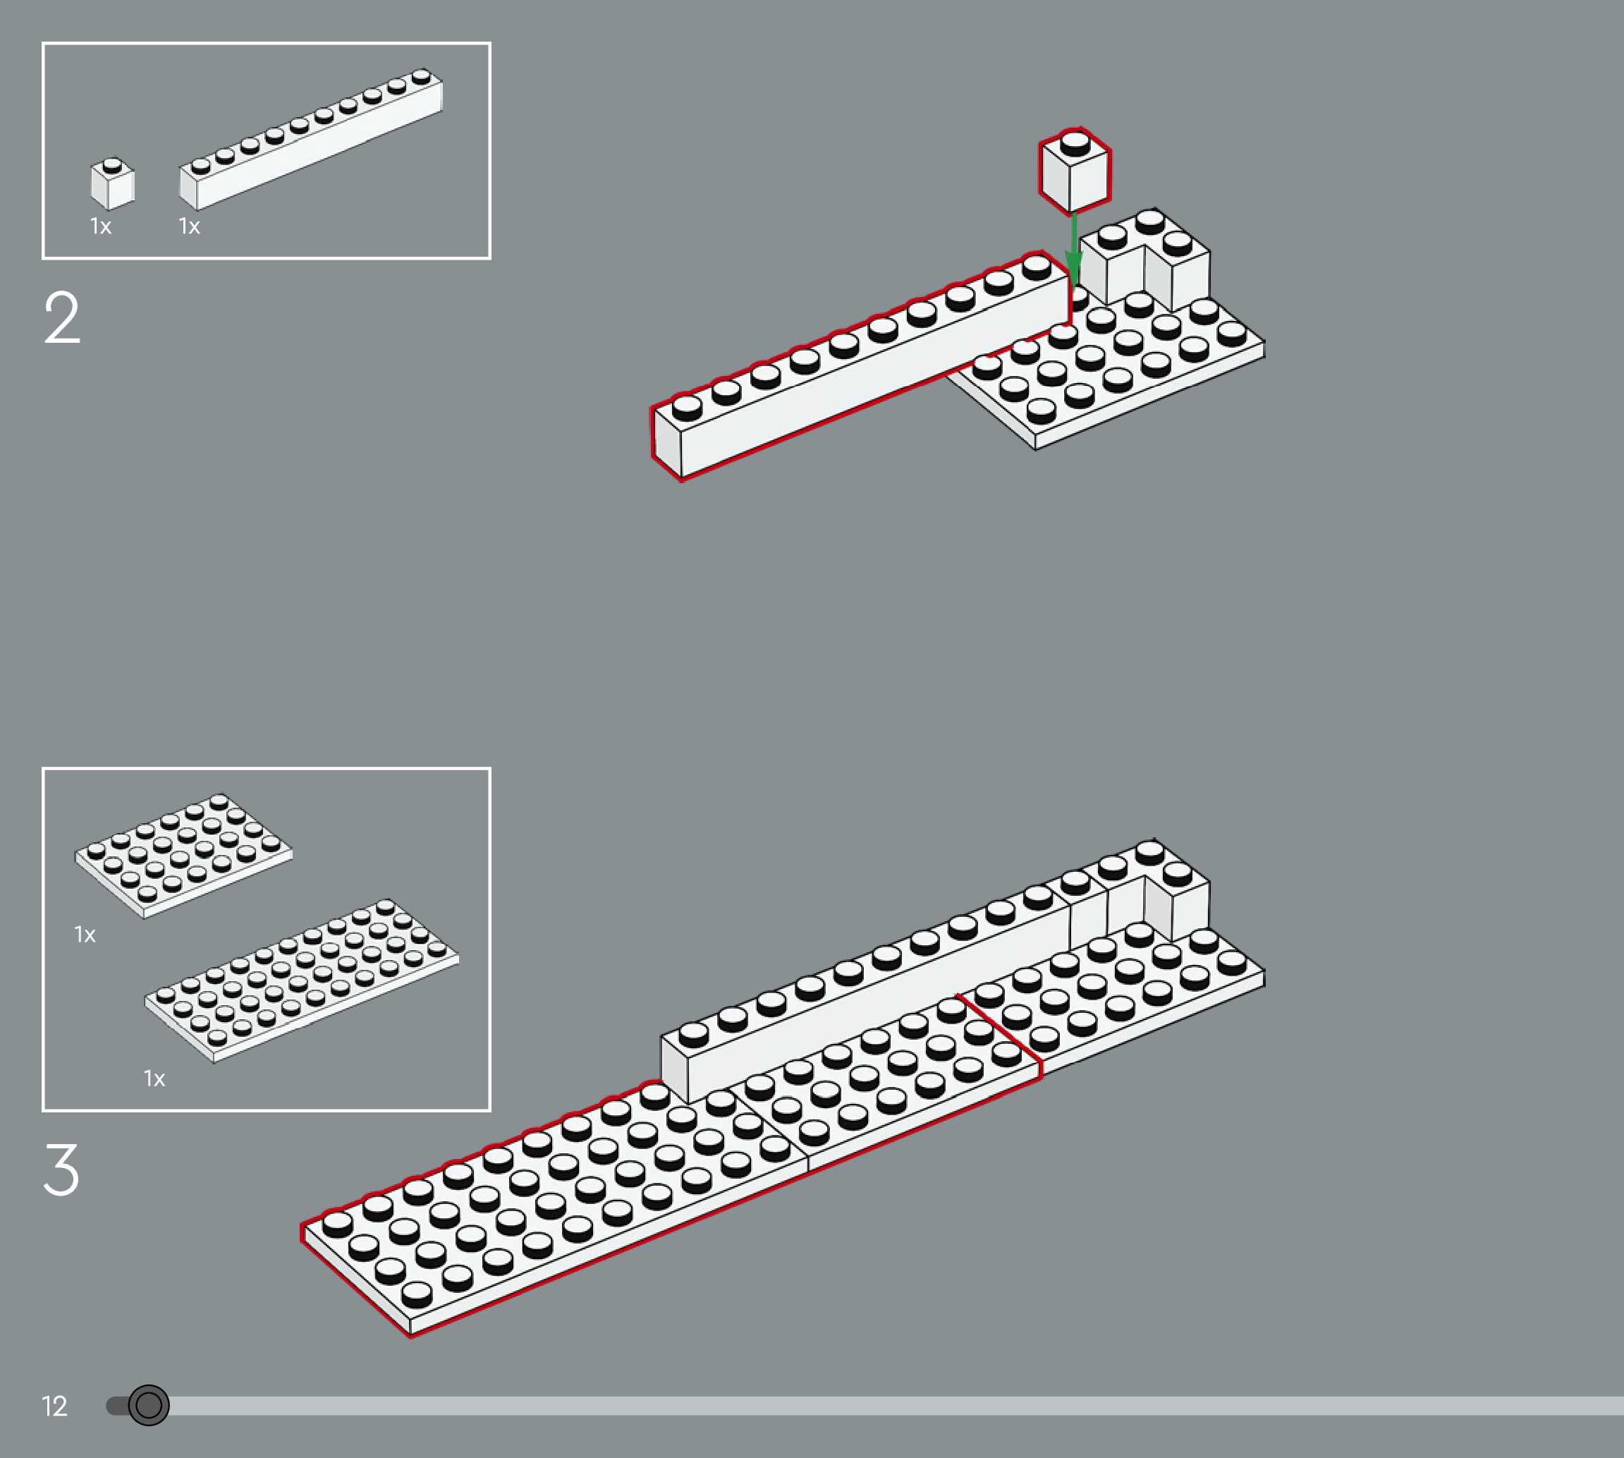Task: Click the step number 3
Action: click(61, 1170)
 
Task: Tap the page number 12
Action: click(54, 1406)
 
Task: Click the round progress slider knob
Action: click(149, 1404)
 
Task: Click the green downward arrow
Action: click(1074, 248)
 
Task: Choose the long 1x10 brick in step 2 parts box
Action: click(311, 140)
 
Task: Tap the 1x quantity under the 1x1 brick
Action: click(101, 226)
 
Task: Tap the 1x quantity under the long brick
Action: click(190, 226)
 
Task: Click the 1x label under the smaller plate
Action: click(85, 934)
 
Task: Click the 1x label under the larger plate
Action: click(154, 1079)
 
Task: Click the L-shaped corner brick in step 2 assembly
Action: click(1145, 260)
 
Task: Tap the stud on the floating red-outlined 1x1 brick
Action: click(1075, 143)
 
